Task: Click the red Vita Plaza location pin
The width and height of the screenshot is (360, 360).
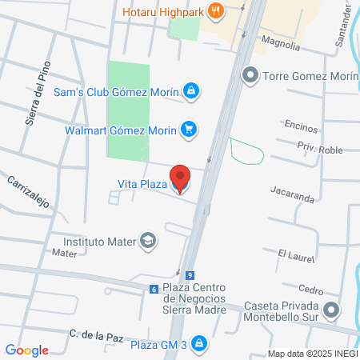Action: [180, 178]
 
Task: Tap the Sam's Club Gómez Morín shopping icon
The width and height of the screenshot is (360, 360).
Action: [190, 91]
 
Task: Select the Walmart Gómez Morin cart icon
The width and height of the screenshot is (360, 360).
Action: [189, 128]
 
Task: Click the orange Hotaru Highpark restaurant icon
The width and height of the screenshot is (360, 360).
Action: [214, 11]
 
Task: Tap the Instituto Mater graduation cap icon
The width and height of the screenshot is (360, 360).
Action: [148, 240]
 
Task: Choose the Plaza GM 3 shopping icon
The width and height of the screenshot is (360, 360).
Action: [199, 345]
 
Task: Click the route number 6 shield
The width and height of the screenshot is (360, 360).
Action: [153, 289]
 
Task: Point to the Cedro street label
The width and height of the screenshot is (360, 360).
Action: [311, 290]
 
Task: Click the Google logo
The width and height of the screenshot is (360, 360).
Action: [27, 350]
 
